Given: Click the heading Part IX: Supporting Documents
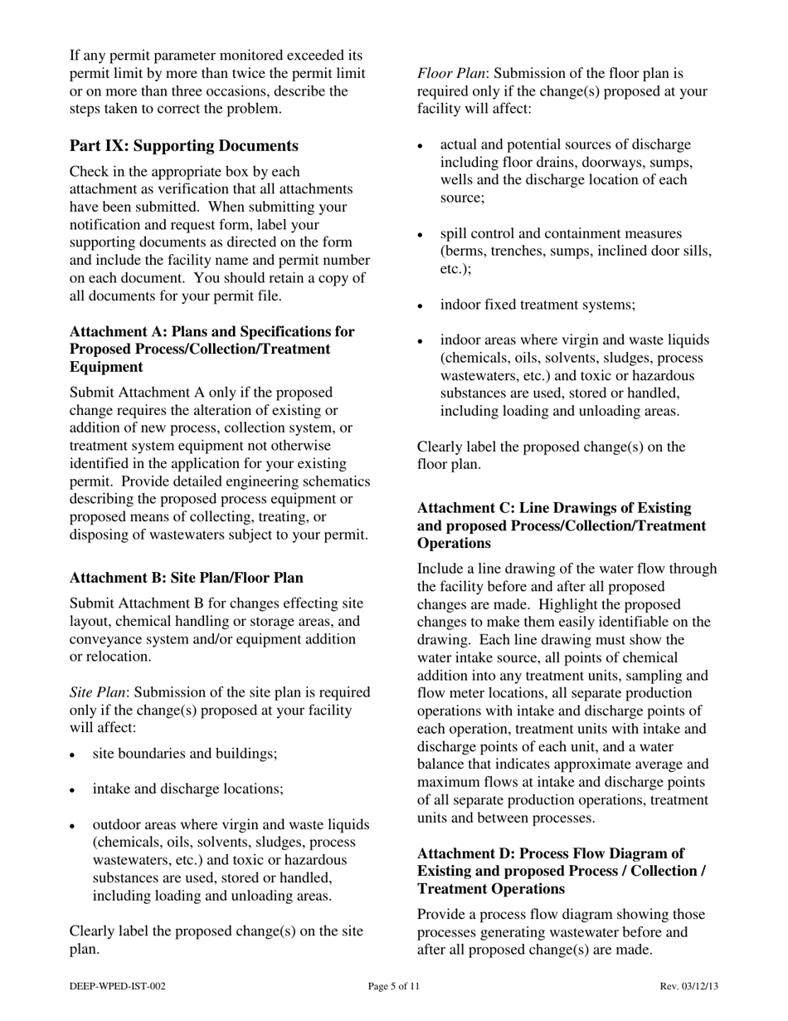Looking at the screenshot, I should click(x=184, y=146).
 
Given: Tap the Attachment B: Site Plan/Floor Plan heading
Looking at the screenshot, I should click(x=186, y=578).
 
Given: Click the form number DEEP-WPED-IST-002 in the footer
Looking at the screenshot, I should click(x=118, y=986).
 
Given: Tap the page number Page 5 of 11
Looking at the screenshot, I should click(x=394, y=986).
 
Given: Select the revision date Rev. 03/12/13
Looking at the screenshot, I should click(x=688, y=986).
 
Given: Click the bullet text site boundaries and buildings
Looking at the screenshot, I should click(x=185, y=754).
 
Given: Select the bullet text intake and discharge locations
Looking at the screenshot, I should click(x=187, y=789).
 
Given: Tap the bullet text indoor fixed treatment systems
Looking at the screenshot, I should click(x=537, y=305).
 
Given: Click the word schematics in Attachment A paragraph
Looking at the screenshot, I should click(x=337, y=481).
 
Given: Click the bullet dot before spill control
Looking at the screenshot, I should click(x=421, y=236).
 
